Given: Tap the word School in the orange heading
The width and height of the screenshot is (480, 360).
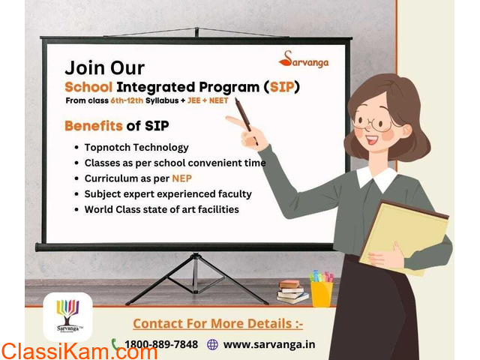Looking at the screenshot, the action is pos(88,87).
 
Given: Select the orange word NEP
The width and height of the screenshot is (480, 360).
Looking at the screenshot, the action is pos(181,178).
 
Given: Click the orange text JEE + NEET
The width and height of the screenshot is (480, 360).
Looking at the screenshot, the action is pos(208,100).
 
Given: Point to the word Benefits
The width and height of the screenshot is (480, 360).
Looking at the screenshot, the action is pos(94,126).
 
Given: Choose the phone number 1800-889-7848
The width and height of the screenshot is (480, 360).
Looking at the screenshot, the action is pos(161,344).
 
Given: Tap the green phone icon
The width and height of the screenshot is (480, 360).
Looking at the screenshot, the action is pos(115,344).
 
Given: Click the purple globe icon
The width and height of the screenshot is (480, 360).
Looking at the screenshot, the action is pos(212,344).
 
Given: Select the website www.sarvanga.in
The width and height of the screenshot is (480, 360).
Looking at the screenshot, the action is pos(269,344).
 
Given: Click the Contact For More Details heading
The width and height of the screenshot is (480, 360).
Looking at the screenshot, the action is pos(218,323).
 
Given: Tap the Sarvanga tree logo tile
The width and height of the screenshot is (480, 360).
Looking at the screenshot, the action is pos(67,316).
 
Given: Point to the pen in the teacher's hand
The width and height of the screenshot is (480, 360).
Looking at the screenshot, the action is pos(246,120).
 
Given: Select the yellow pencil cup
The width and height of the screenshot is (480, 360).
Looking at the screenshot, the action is pos(322,294).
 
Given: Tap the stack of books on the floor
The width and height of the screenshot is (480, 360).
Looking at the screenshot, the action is pos(292,292).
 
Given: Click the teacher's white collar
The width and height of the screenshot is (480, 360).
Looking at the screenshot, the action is pos(376,178).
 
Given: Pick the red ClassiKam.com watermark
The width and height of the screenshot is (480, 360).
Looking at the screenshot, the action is pos(79,352).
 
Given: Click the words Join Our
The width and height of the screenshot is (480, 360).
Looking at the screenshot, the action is pos(105,67).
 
